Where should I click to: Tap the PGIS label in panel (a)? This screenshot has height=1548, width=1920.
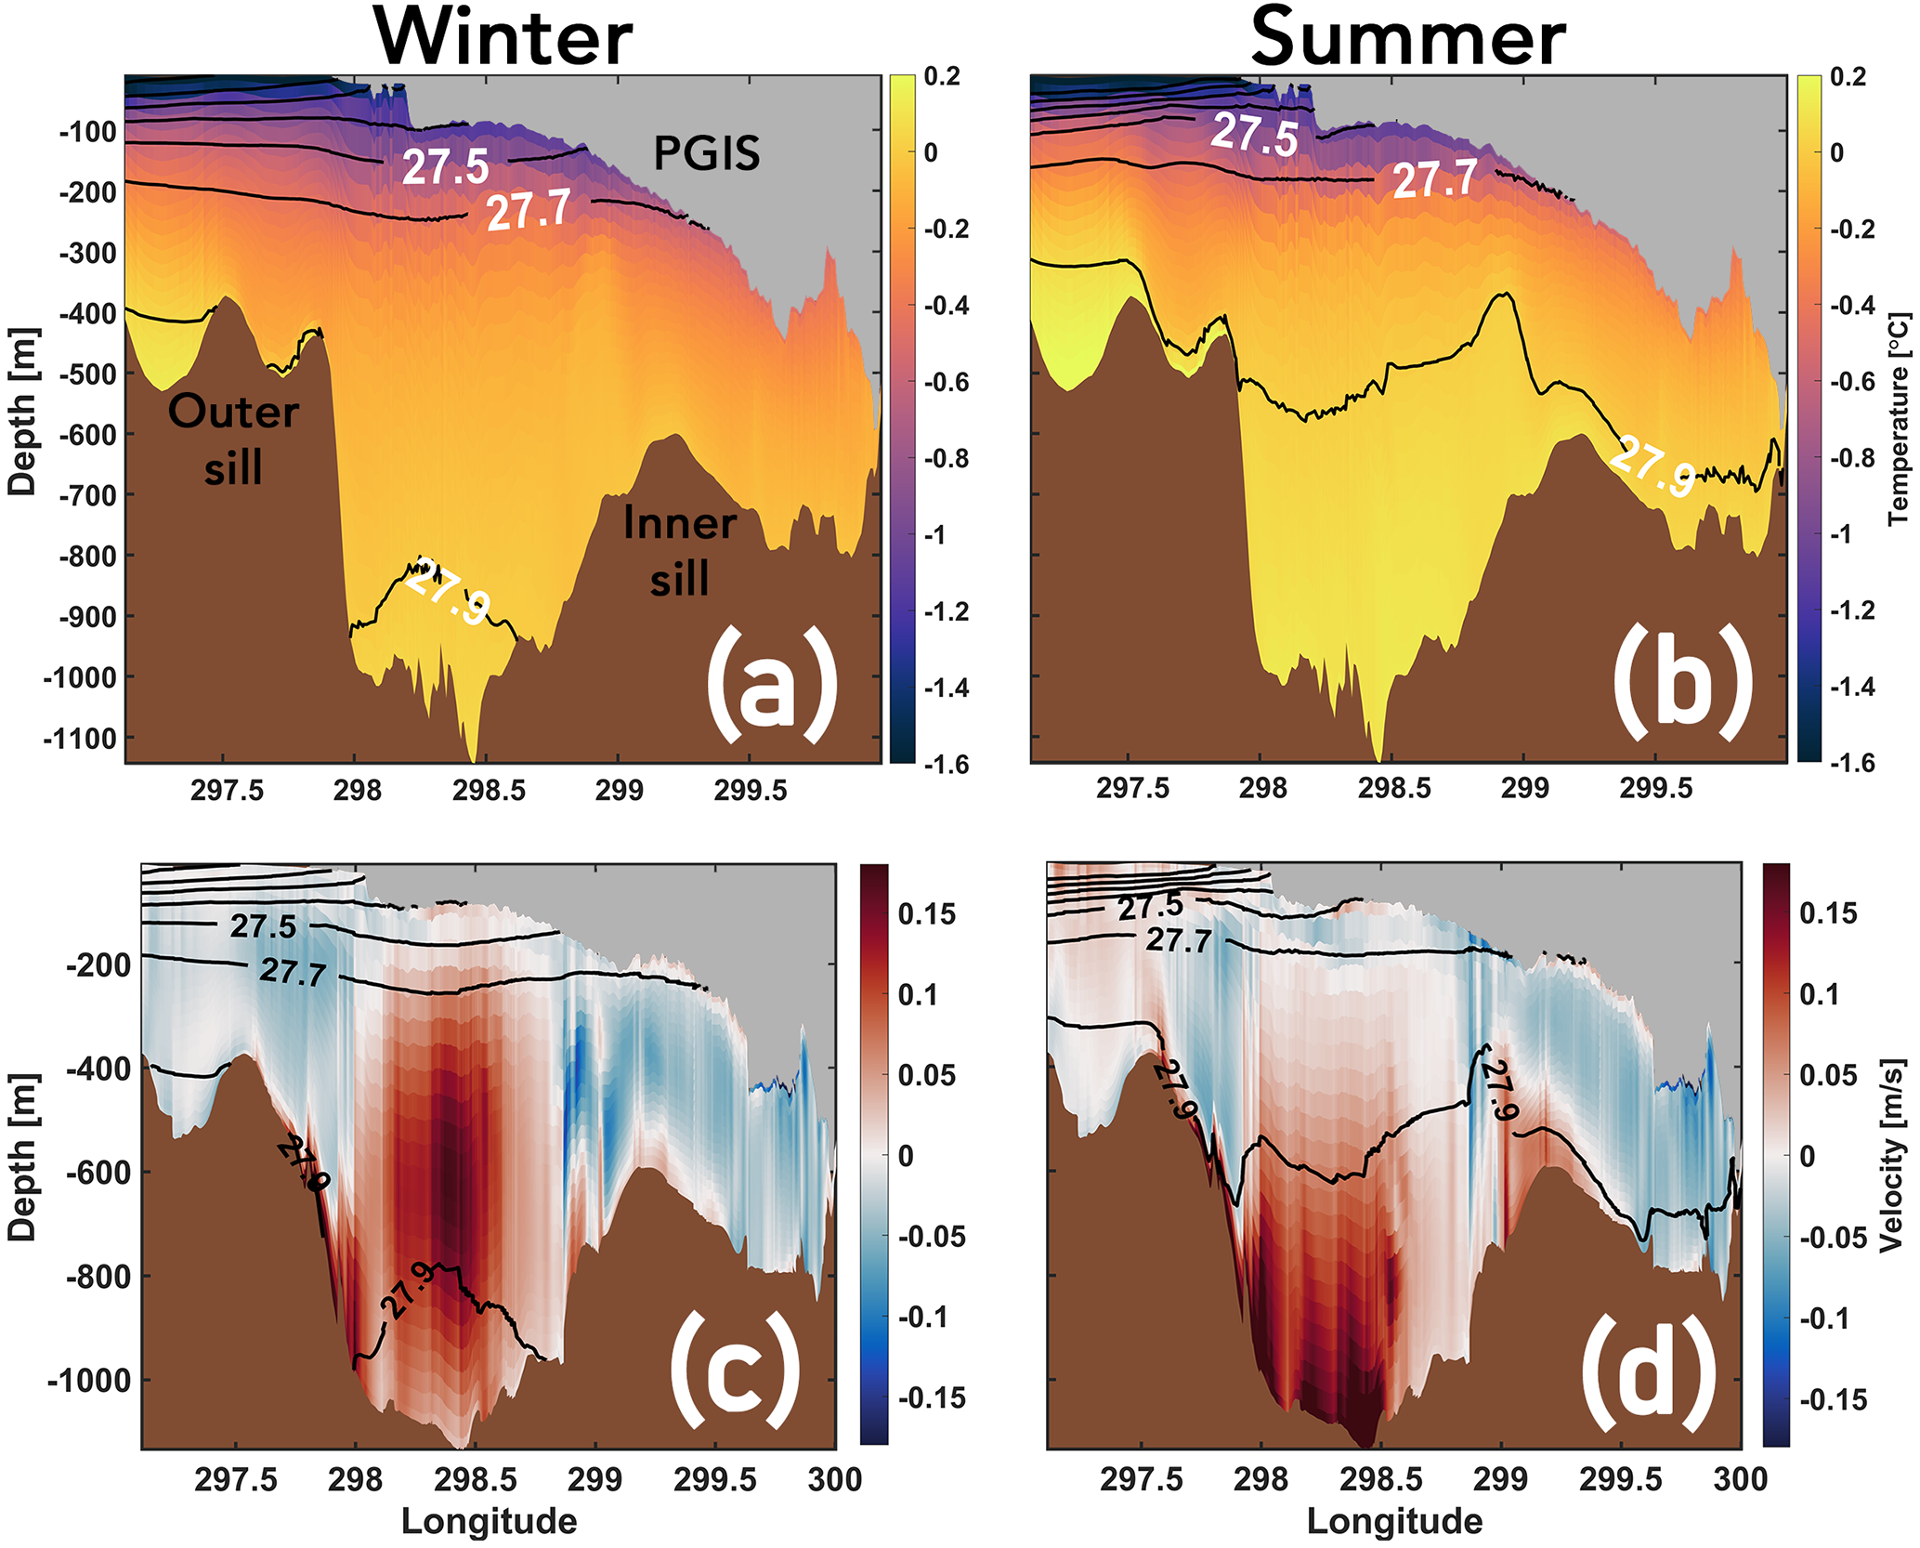click(x=707, y=153)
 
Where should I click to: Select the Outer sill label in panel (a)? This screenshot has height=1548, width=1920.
click(x=233, y=439)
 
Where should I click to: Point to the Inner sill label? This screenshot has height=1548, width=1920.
click(x=680, y=551)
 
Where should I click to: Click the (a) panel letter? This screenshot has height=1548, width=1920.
click(x=772, y=684)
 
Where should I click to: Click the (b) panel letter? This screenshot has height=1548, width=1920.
click(x=1682, y=684)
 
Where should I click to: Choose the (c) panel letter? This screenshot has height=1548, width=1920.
click(x=735, y=1371)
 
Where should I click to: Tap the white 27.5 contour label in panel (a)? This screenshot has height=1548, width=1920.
click(x=446, y=167)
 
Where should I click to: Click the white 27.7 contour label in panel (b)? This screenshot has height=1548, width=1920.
click(x=1435, y=178)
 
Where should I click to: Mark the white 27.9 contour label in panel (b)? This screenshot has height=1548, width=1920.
click(x=1654, y=469)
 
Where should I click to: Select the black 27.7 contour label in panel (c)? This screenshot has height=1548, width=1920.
click(x=294, y=972)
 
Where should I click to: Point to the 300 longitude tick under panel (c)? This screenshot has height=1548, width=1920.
click(x=835, y=1478)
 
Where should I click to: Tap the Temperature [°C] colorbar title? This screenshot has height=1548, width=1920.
click(x=1900, y=419)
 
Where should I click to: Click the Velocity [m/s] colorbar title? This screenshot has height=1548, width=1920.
click(x=1891, y=1156)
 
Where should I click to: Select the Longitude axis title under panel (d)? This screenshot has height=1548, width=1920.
click(x=1394, y=1522)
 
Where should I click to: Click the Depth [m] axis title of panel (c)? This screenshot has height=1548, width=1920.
click(x=22, y=1157)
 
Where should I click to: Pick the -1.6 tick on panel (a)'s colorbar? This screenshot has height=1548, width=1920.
click(x=947, y=764)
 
